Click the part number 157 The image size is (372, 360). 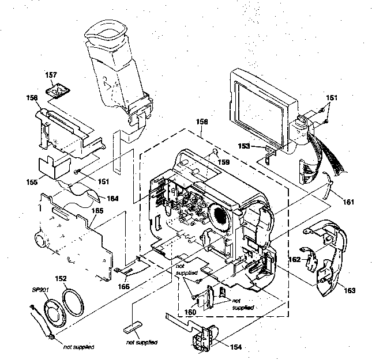51,75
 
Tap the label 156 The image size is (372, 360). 32,98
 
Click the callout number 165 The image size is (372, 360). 98,211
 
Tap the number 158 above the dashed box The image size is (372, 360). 201,123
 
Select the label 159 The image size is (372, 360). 222,162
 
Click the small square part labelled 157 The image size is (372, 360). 59,91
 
